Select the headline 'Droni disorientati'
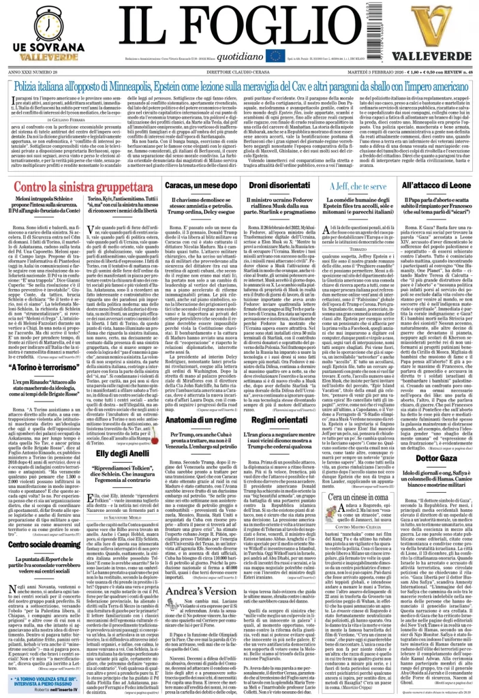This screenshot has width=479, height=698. pyautogui.click(x=281, y=184)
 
